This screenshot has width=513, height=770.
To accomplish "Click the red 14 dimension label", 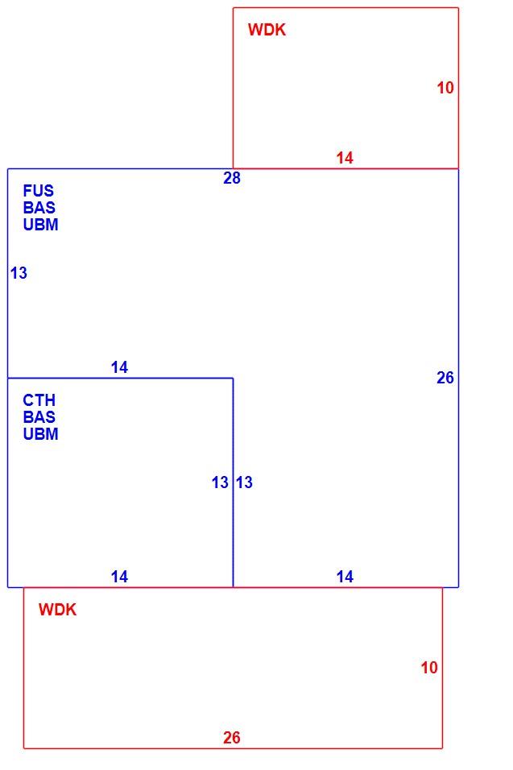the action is pos(345,158).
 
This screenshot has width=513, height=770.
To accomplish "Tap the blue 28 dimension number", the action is pos(232,178).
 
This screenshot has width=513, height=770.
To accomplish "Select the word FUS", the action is pos(39,191).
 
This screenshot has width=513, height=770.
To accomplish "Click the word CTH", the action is pos(39,399).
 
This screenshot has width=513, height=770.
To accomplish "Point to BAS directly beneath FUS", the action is pos(39,207).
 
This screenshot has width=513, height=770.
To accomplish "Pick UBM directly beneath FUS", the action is pos(41,225).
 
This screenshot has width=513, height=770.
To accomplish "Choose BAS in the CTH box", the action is pos(39,417).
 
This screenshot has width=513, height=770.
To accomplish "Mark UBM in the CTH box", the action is pos(41,434).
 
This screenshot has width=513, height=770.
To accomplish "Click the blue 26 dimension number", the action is pos(445,378).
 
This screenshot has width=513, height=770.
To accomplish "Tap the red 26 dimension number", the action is pos(232,738).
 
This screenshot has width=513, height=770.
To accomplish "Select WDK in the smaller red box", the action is pos(267,30).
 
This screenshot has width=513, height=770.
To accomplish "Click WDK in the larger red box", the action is pos(57,610).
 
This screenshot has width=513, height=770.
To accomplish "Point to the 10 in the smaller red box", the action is pos(445,88).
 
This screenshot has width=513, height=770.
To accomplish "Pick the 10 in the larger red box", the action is pos(429,668).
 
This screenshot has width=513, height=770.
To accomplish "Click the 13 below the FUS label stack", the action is pos(19,273).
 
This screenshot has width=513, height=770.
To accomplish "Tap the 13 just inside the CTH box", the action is pos(220,482).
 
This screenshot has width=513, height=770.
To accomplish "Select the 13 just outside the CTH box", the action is pos(244,482).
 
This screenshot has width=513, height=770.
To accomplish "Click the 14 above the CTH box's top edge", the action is pos(119,367).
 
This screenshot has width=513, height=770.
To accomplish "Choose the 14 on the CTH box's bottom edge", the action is pos(119,577).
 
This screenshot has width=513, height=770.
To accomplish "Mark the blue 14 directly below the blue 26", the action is pos(345,577).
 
